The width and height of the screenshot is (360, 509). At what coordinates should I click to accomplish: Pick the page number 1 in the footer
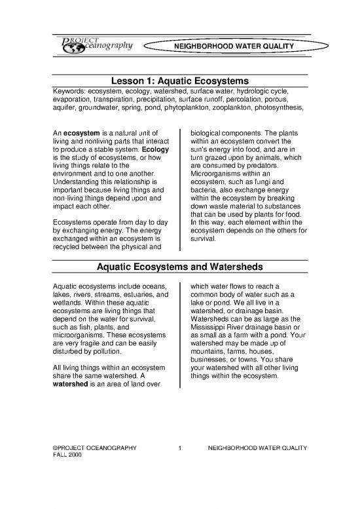pyautogui.click(x=179, y=467)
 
